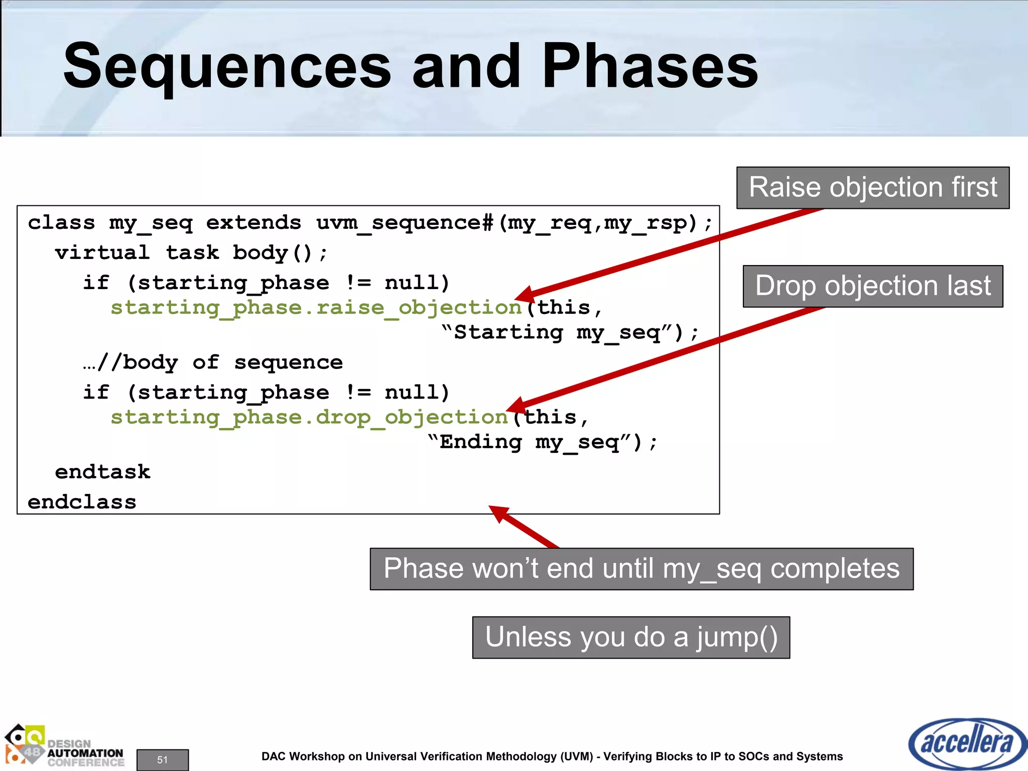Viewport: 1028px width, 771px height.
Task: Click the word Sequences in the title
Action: [x=227, y=68]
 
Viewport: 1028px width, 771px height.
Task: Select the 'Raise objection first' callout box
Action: [x=872, y=188]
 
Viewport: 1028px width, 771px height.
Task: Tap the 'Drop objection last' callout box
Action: [x=872, y=286]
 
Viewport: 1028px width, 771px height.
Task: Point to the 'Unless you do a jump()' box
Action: [x=631, y=637]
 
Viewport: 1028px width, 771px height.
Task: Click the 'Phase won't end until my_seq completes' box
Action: [x=641, y=569]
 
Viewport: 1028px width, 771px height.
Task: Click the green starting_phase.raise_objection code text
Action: [x=316, y=308]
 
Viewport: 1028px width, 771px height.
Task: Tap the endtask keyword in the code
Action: [x=102, y=472]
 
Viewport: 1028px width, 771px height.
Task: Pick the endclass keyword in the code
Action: [x=82, y=502]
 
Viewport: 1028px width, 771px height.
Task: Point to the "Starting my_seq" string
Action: [x=562, y=333]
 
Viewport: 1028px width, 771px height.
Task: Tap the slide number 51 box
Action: [x=163, y=759]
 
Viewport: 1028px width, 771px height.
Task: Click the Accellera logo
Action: [x=967, y=743]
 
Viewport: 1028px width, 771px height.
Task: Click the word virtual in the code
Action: [x=102, y=252]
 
